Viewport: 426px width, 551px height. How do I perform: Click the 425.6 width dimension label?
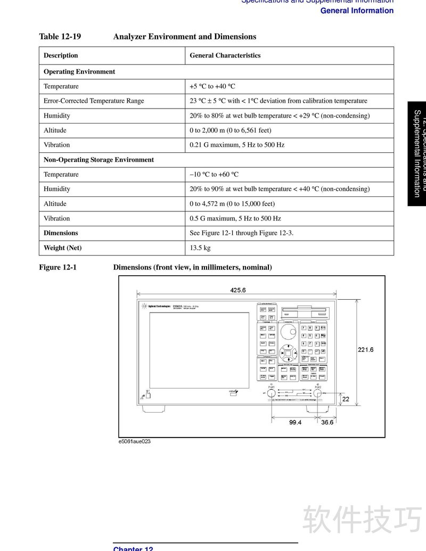238,290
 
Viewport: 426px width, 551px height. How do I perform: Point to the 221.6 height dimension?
365,350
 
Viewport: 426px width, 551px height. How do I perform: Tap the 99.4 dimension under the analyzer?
296,422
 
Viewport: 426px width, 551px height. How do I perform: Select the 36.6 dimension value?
326,422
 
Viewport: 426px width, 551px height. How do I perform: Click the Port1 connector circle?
271,393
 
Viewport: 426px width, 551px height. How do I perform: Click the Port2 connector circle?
318,393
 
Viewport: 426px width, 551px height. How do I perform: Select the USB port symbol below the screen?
233,392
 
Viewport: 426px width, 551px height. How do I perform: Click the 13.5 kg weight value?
200,248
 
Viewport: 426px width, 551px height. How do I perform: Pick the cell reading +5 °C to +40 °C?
212,86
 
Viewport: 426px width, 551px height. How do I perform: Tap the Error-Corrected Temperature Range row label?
94,101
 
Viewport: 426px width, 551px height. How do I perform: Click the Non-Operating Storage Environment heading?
99,160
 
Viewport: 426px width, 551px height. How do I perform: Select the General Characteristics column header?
225,55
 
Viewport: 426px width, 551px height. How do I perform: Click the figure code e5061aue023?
135,441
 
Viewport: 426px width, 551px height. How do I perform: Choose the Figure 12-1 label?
58,267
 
